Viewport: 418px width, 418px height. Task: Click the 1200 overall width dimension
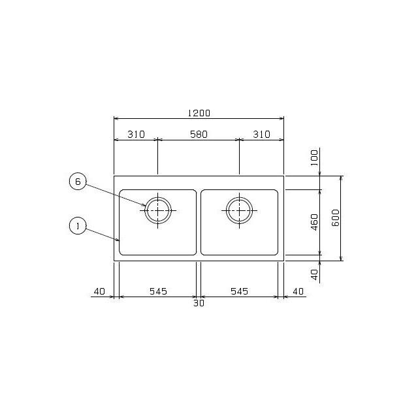pos(199,113)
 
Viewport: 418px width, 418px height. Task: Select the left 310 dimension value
pos(136,135)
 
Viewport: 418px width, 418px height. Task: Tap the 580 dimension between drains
pos(199,135)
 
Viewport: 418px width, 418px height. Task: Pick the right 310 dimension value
pos(261,135)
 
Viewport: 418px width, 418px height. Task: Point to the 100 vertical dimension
pos(315,158)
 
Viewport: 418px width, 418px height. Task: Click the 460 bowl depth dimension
pos(315,222)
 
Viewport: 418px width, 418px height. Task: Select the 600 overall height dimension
pos(336,217)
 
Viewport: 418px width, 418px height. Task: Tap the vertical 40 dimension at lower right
pos(315,274)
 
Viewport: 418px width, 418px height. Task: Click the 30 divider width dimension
pos(199,303)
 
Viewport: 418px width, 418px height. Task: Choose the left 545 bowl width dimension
pos(158,291)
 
